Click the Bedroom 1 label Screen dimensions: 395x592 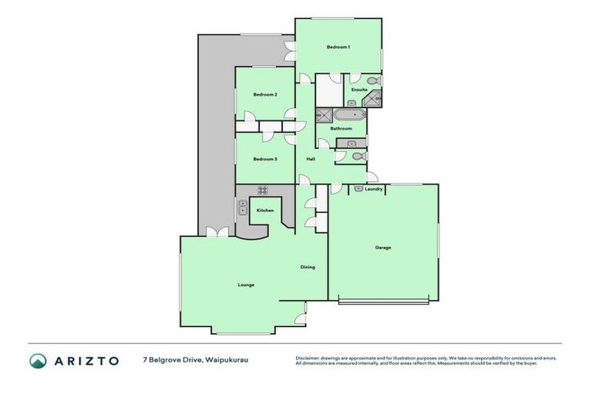point(338,47)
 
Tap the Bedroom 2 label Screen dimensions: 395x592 point(265,94)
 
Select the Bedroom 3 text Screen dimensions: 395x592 point(265,159)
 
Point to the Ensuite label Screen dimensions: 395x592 point(359,89)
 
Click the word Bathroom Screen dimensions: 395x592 point(341,128)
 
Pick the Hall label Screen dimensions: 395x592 point(311,159)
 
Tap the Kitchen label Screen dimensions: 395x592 point(265,210)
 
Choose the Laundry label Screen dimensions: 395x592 point(374,189)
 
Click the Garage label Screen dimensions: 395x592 point(383,248)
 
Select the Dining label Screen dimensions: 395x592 point(308,267)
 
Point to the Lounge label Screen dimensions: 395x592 point(246,285)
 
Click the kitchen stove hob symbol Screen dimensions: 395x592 point(262,191)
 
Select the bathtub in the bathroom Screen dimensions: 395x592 point(349,115)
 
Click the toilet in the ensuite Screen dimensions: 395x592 point(372,79)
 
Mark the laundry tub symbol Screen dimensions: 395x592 point(359,187)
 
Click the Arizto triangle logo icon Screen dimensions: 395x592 point(38,360)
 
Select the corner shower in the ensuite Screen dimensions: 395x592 point(375,97)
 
